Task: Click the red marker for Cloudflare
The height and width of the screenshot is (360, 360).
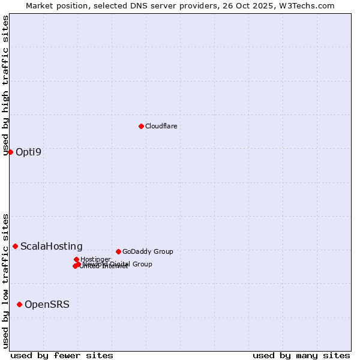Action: pyautogui.click(x=141, y=126)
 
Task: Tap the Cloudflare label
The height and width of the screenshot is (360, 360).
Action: pyautogui.click(x=161, y=126)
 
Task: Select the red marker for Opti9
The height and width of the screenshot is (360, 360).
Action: pyautogui.click(x=10, y=152)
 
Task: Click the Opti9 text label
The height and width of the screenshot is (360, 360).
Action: pyautogui.click(x=28, y=152)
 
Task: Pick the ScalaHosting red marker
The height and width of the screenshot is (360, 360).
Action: pyautogui.click(x=15, y=246)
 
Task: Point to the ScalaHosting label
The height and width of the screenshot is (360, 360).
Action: pyautogui.click(x=51, y=246)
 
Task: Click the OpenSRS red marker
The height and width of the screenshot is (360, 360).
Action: pyautogui.click(x=19, y=304)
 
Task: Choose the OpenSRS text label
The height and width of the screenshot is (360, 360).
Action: pyautogui.click(x=47, y=304)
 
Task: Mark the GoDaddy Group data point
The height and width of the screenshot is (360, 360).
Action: pyautogui.click(x=118, y=251)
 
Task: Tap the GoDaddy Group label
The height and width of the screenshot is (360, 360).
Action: pyautogui.click(x=147, y=251)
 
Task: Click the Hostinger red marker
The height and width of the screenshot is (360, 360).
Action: pyautogui.click(x=76, y=259)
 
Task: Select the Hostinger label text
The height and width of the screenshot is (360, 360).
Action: pyautogui.click(x=95, y=259)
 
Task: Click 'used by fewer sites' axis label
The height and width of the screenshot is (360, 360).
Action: pyautogui.click(x=62, y=355)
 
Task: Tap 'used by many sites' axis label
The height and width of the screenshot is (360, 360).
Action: pyautogui.click(x=301, y=355)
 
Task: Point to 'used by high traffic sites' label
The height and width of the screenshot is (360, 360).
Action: pyautogui.click(x=6, y=85)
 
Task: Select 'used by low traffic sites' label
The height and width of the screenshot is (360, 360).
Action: pyautogui.click(x=6, y=281)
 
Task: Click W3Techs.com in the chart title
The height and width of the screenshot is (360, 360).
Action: pyautogui.click(x=310, y=5)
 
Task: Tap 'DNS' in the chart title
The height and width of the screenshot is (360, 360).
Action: pyautogui.click(x=129, y=5)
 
